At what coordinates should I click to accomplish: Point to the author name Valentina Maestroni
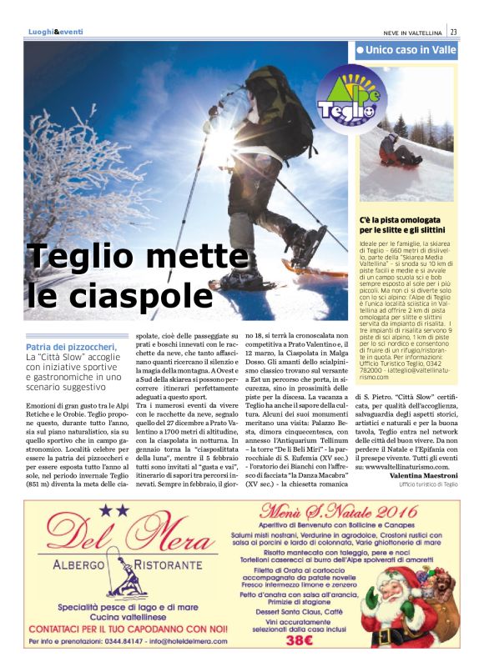coord(422,475)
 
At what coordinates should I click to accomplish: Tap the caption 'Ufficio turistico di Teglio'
coord(428,484)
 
